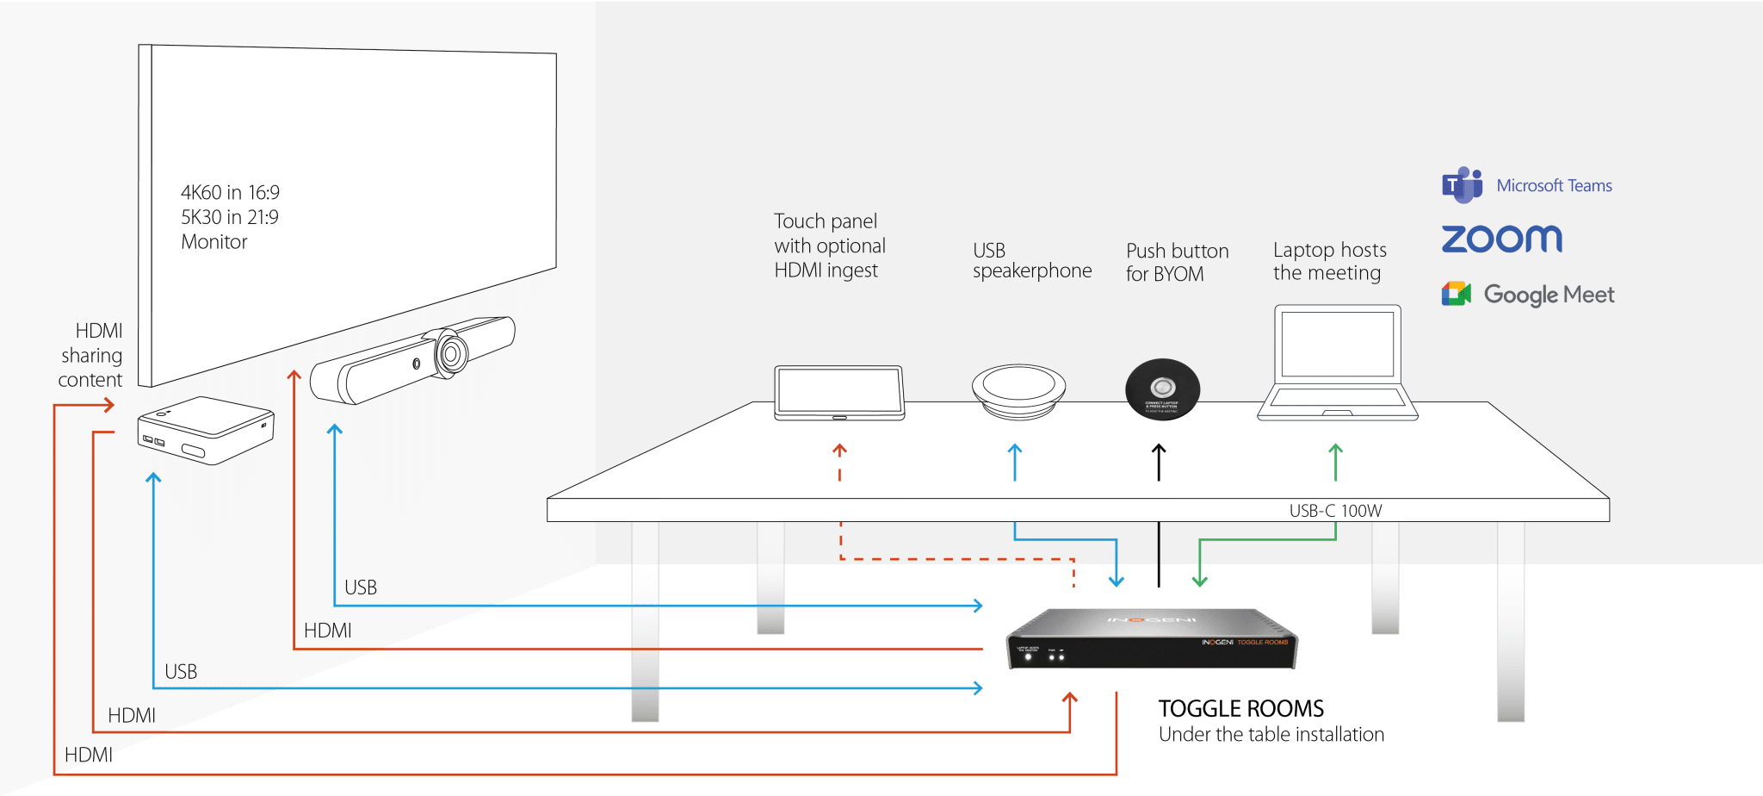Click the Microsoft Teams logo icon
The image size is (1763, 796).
click(1462, 185)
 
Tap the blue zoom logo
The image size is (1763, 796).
click(1501, 239)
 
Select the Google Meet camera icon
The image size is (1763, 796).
click(1456, 294)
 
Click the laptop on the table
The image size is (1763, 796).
click(1337, 363)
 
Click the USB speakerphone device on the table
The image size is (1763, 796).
click(1018, 391)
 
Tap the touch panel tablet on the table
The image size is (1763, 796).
click(839, 393)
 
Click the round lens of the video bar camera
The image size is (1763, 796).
click(450, 352)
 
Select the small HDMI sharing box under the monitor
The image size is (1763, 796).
click(206, 430)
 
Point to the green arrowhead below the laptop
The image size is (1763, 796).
click(1335, 450)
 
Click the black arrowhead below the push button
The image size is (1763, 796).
click(1159, 450)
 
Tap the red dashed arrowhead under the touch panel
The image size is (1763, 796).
click(839, 449)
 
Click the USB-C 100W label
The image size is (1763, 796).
click(1335, 511)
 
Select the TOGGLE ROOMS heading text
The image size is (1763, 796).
click(1240, 709)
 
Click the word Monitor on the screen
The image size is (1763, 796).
click(214, 242)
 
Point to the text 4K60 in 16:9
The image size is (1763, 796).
click(230, 192)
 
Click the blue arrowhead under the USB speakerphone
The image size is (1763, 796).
click(1015, 450)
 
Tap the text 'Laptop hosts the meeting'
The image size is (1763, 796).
click(1329, 261)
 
